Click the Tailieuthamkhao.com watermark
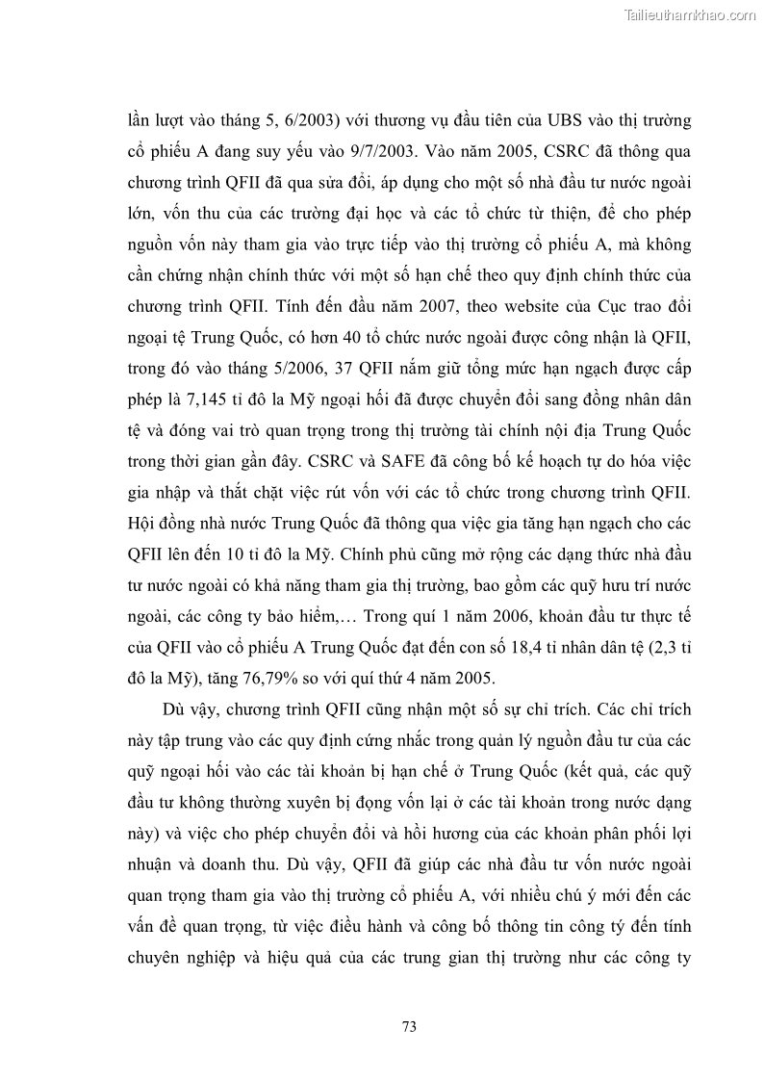pos(691,14)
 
